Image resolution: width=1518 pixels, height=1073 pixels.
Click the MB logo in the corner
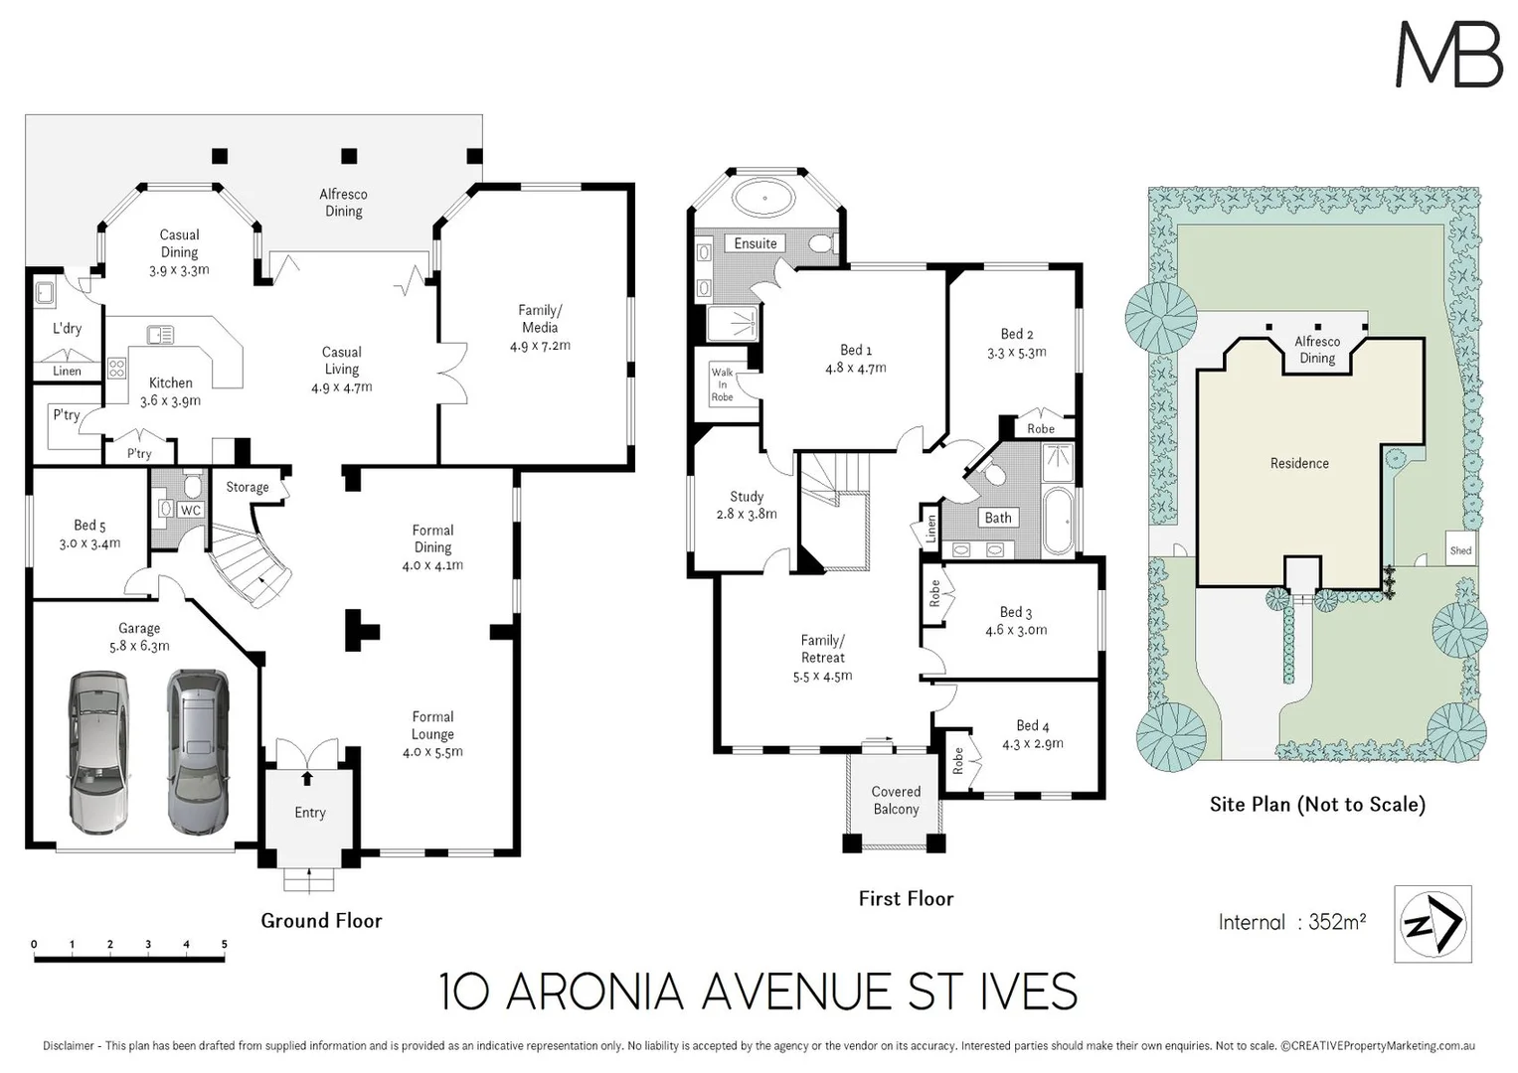pyautogui.click(x=1448, y=55)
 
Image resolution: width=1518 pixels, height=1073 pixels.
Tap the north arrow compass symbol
pyautogui.click(x=1433, y=924)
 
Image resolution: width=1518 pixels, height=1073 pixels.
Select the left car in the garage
pyautogui.click(x=98, y=752)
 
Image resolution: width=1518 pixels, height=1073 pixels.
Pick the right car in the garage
pyautogui.click(x=198, y=751)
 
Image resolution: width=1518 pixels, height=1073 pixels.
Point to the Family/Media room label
pyautogui.click(x=540, y=319)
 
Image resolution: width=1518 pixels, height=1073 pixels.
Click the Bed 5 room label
pyautogui.click(x=89, y=526)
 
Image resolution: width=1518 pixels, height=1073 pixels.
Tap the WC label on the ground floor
pyautogui.click(x=191, y=511)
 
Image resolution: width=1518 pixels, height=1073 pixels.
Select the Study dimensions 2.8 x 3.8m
pyautogui.click(x=747, y=514)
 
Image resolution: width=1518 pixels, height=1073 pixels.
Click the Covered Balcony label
pyautogui.click(x=896, y=801)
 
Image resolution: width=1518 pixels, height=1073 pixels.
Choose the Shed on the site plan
pyautogui.click(x=1460, y=550)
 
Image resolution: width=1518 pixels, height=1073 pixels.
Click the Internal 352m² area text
pyautogui.click(x=1291, y=922)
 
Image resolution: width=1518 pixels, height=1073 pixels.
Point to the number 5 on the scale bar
pyautogui.click(x=225, y=944)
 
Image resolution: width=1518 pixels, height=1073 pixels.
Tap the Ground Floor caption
pyautogui.click(x=321, y=921)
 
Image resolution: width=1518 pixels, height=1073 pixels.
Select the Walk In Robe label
pyautogui.click(x=722, y=384)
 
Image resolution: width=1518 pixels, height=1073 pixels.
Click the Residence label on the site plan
pyautogui.click(x=1299, y=463)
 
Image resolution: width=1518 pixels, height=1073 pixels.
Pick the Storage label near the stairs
pyautogui.click(x=247, y=487)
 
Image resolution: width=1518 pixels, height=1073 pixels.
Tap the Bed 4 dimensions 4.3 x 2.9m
pyautogui.click(x=1033, y=743)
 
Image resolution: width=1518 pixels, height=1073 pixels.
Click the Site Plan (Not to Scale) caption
pyautogui.click(x=1317, y=805)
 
